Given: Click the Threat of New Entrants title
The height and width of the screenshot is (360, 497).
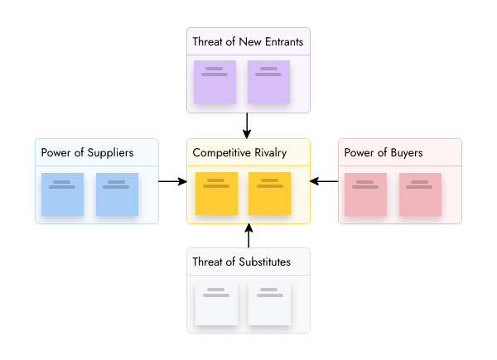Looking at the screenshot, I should point(248,41).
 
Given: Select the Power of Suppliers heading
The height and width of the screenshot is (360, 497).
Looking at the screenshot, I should point(87,152).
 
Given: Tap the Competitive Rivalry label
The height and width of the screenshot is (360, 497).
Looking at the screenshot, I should point(239,152).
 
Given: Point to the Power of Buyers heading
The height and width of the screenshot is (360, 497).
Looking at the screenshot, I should point(384,152).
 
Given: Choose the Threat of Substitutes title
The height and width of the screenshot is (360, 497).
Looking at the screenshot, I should point(241,262).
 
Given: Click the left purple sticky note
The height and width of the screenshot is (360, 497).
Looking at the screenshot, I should point(215,83).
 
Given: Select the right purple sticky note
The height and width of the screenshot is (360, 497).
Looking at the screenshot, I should point(268,83).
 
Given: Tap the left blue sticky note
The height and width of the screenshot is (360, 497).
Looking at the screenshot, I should point(62,194).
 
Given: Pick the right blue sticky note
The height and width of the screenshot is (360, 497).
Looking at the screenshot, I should point(117,194).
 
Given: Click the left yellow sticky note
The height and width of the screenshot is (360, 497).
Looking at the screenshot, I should point(216,194).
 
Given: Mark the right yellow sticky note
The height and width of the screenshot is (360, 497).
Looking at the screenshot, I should point(269,194).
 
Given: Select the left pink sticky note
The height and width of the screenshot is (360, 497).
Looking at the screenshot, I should point(365,194).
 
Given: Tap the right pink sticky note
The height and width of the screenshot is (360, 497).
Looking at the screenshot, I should point(420,194).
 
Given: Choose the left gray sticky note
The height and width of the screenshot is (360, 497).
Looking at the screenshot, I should point(216,303).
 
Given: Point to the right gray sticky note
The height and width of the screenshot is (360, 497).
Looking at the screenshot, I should point(269,303).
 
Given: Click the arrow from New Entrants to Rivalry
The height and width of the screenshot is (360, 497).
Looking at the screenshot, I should point(248,125).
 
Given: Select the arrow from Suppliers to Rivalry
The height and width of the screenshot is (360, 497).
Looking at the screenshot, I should point(172,180).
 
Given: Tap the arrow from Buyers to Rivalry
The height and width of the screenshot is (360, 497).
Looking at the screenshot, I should point(324,180).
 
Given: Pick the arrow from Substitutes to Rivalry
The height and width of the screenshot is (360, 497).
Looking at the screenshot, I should point(248,236).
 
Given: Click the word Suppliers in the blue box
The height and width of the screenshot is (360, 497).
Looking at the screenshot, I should point(110,152).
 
